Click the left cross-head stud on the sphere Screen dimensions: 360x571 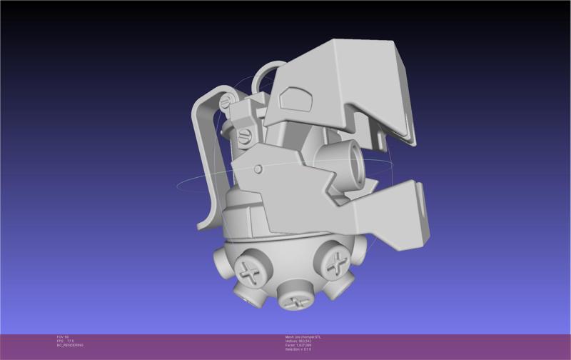[250, 271]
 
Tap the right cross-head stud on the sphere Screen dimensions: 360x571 [334, 263]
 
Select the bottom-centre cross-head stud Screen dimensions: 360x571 [294, 300]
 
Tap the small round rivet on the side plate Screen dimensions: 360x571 [258, 169]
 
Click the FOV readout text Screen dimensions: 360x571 [62, 336]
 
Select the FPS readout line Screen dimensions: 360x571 [65, 341]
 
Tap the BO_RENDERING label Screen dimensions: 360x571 [70, 345]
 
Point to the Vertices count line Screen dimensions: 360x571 [298, 341]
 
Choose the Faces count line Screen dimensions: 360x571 [298, 345]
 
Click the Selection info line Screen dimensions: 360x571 [298, 349]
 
